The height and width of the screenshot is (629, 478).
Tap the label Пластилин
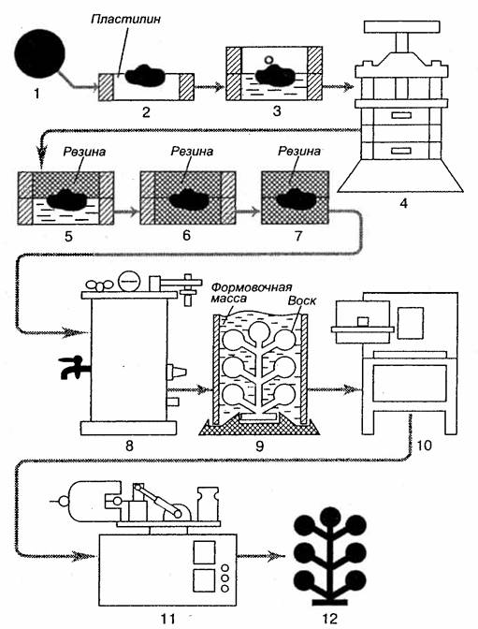pyautogui.click(x=125, y=19)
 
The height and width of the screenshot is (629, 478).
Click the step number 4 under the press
pyautogui.click(x=403, y=203)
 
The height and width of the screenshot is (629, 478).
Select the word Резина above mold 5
pyautogui.click(x=84, y=152)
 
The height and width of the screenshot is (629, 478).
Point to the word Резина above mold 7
pyautogui.click(x=299, y=151)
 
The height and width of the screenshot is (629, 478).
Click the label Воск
pyautogui.click(x=301, y=300)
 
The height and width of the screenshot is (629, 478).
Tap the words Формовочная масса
pyautogui.click(x=251, y=293)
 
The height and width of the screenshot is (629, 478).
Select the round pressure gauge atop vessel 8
pyautogui.click(x=129, y=281)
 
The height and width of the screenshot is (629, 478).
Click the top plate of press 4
pyautogui.click(x=402, y=27)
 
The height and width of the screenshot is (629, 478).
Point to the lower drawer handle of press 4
pyautogui.click(x=401, y=151)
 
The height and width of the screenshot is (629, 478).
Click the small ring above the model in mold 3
pyautogui.click(x=269, y=60)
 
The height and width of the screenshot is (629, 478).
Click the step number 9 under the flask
pyautogui.click(x=259, y=446)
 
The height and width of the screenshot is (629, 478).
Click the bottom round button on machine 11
pyautogui.click(x=225, y=588)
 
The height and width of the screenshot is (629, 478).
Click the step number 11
pyautogui.click(x=167, y=618)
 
